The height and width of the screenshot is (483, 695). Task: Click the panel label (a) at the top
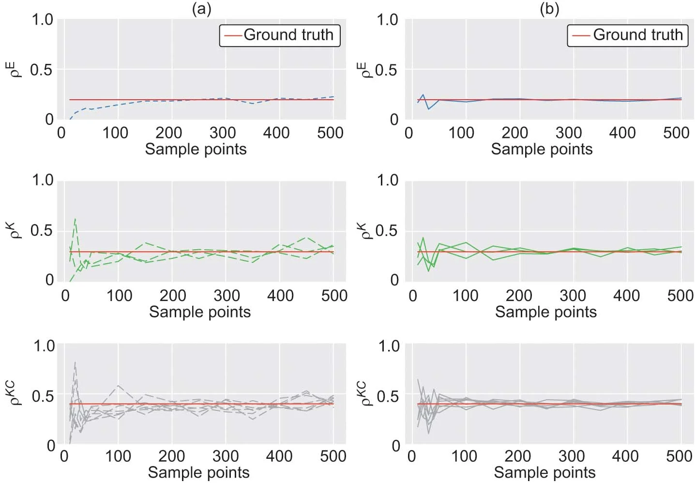(201, 9)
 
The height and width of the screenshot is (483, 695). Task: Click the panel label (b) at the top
(549, 9)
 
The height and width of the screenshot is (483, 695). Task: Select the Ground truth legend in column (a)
(280, 35)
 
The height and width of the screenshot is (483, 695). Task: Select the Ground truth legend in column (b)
(628, 35)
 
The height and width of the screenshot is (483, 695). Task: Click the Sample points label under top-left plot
(196, 149)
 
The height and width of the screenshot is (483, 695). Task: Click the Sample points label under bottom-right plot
(544, 472)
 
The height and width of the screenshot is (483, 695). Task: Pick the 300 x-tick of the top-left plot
(223, 133)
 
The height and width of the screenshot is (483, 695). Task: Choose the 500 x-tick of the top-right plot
(676, 133)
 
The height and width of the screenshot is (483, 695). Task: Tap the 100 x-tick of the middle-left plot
(119, 295)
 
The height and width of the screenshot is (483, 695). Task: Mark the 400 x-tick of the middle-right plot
(626, 295)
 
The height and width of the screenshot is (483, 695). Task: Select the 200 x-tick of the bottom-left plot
(172, 456)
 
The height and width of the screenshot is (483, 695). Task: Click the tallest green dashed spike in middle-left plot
(75, 219)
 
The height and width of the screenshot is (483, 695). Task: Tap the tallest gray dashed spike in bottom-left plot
(75, 362)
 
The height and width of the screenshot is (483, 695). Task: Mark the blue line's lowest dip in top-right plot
(428, 109)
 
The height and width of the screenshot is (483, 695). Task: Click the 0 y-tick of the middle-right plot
(395, 280)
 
